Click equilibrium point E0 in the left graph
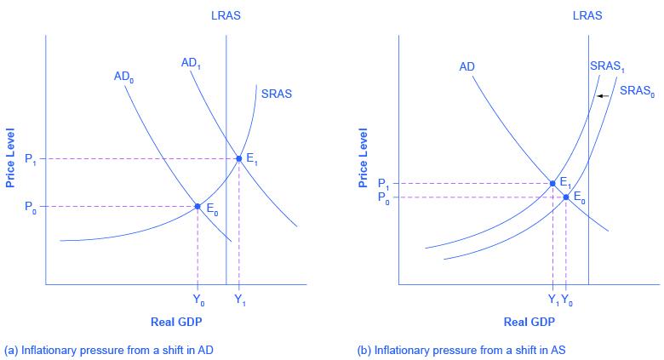[197, 207]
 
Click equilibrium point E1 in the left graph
[239, 158]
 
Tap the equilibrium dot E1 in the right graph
[552, 183]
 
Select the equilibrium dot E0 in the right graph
[566, 197]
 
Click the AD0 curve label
[123, 76]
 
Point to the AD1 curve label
[191, 62]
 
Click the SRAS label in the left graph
[276, 94]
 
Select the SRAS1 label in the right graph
[605, 66]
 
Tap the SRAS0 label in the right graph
[637, 90]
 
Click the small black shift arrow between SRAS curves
[601, 96]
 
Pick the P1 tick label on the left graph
[31, 159]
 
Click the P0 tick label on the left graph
[31, 207]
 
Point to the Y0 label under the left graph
[198, 300]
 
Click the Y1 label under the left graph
[239, 300]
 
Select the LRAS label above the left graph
[226, 14]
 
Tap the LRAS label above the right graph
[588, 14]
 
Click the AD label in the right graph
[467, 66]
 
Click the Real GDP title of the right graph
[528, 322]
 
